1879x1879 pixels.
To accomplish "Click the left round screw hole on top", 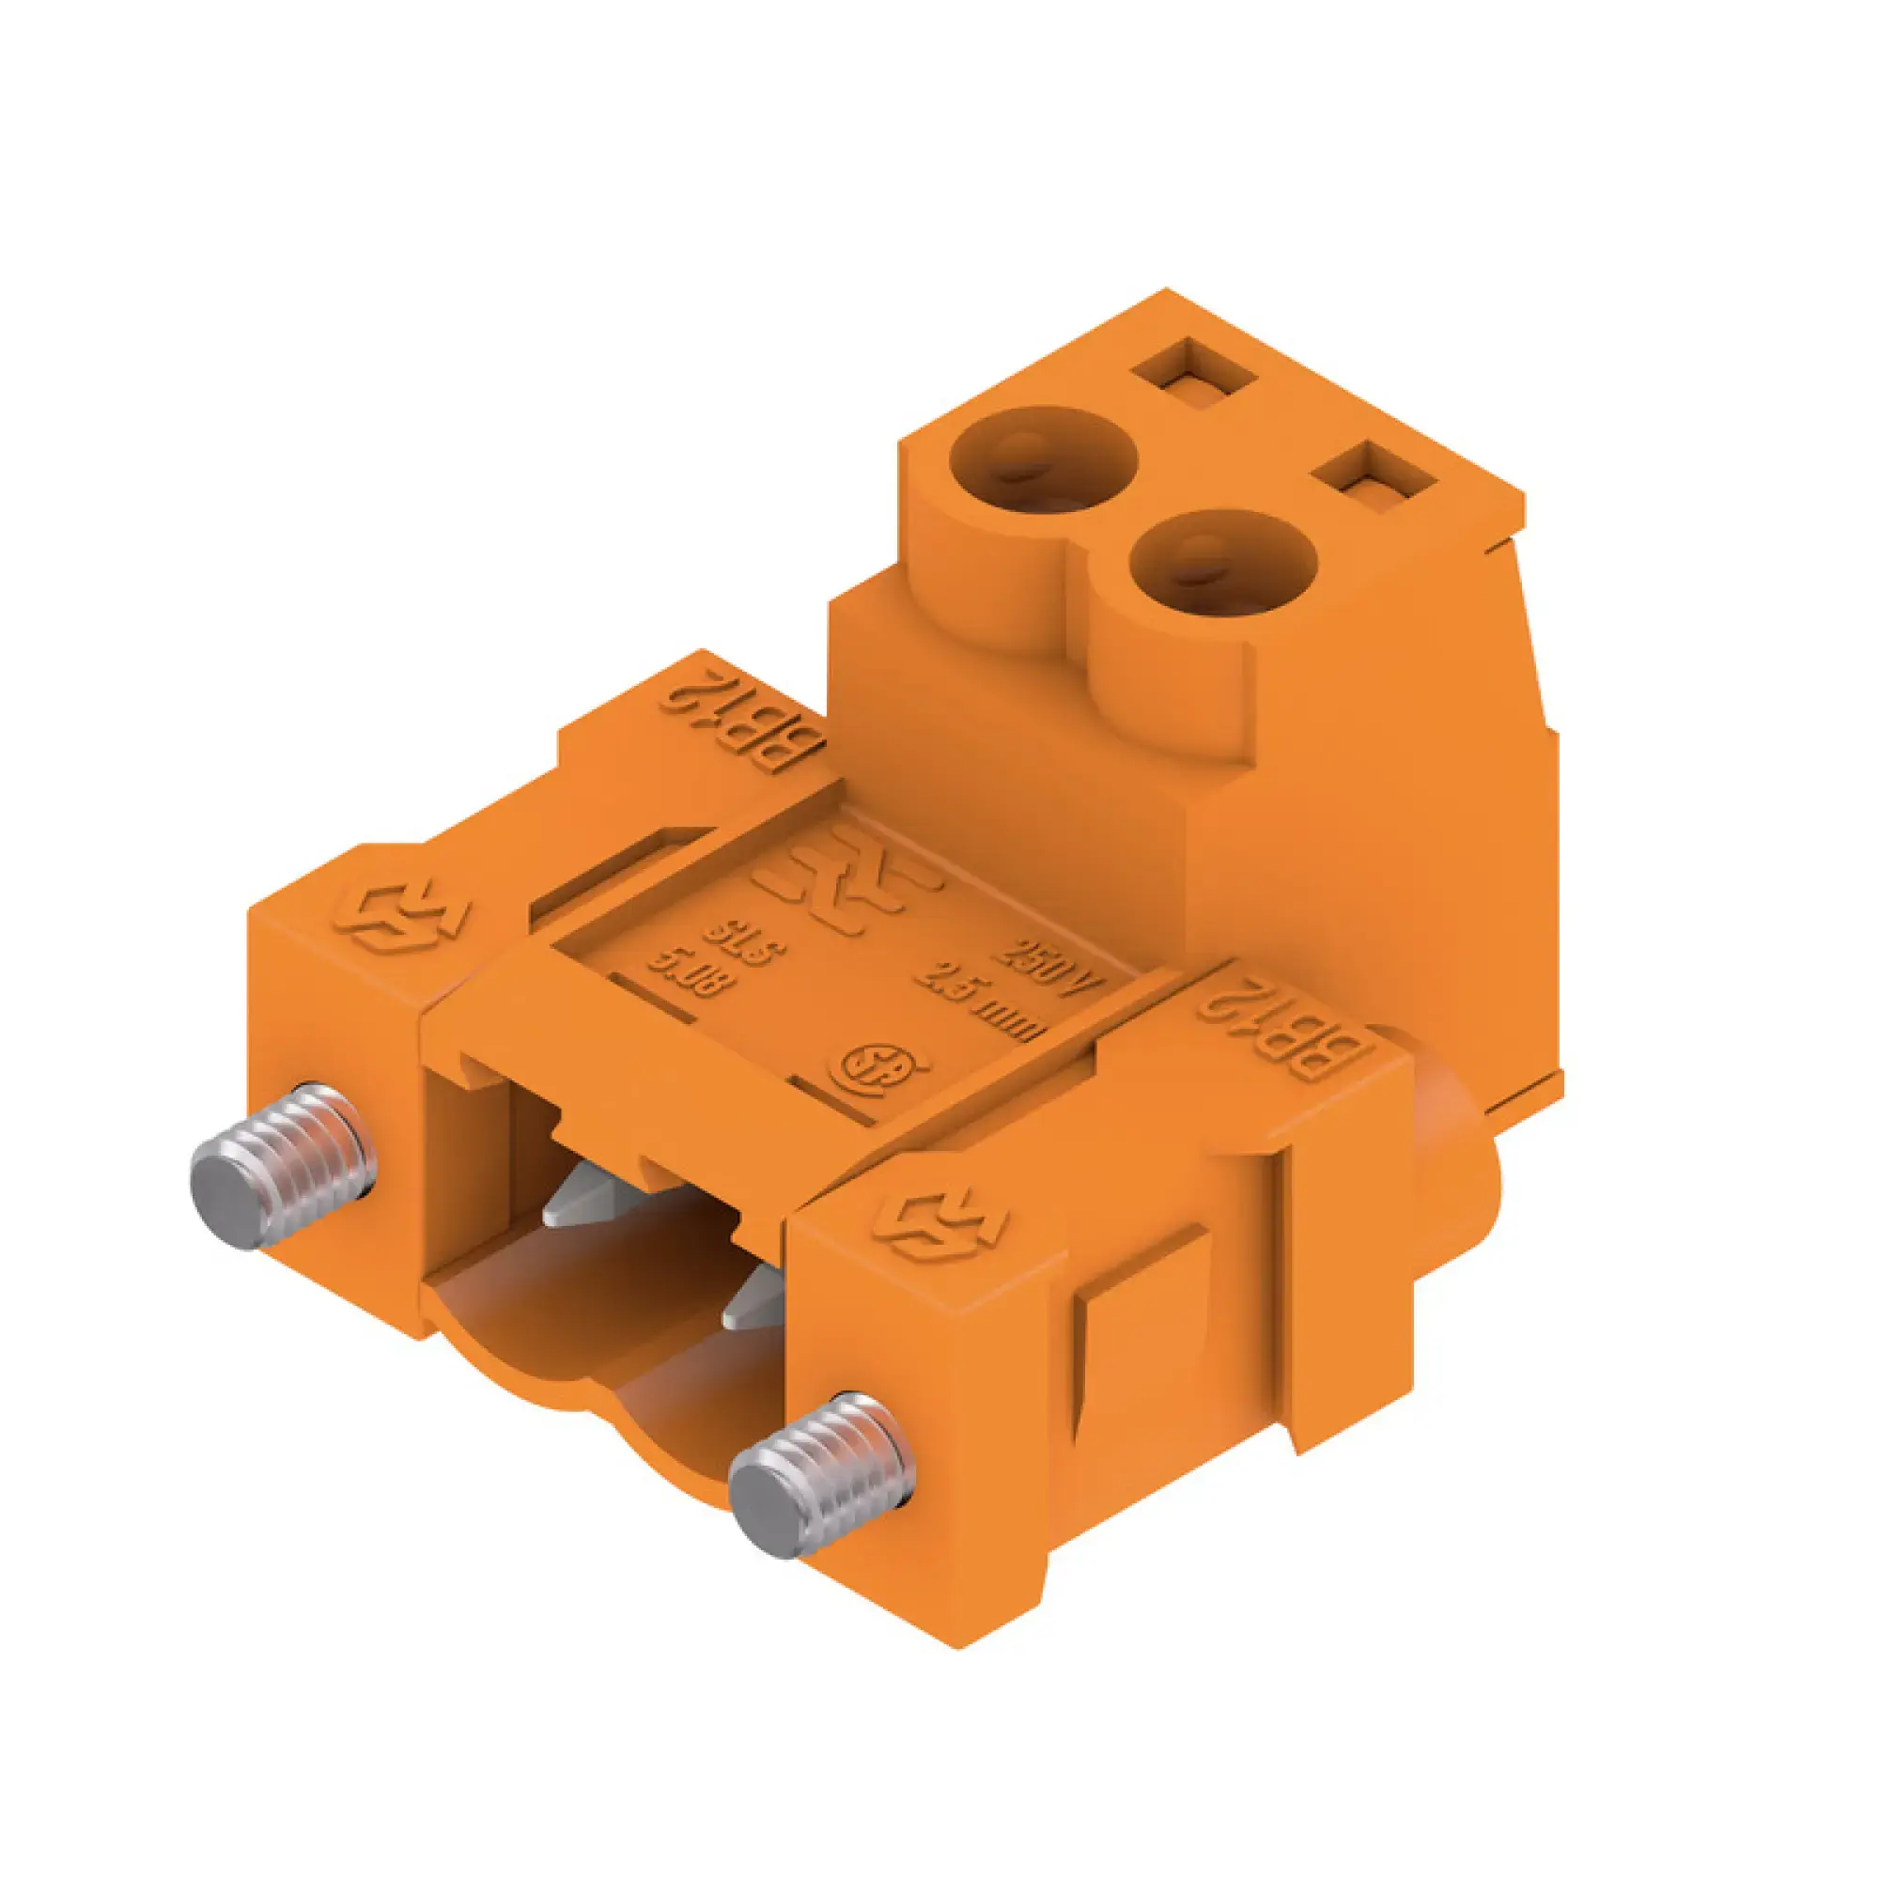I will pos(1042,458).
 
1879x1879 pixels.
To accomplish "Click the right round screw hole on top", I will pos(1222,563).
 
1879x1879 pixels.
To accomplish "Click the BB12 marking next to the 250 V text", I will pos(1286,1022).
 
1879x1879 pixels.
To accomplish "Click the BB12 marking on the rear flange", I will pos(742,719).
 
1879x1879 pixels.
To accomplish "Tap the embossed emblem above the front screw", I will pos(939,1225).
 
